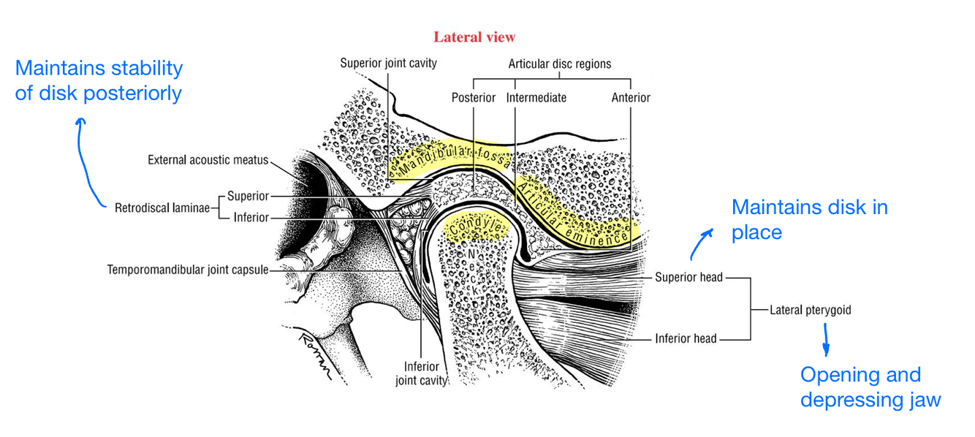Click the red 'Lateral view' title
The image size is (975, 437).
click(x=474, y=37)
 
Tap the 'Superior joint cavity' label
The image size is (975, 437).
click(x=388, y=63)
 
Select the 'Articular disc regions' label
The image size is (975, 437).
click(x=560, y=64)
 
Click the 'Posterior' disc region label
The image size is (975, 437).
click(x=473, y=97)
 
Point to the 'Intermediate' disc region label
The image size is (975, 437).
click(x=536, y=97)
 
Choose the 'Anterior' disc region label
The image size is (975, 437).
click(x=631, y=97)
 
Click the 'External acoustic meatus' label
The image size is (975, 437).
click(x=208, y=159)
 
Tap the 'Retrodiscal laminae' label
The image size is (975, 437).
click(x=162, y=208)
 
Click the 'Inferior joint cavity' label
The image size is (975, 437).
click(x=421, y=373)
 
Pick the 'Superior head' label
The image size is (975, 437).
click(x=688, y=277)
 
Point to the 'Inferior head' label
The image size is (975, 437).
click(x=686, y=338)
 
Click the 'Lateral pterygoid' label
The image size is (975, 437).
click(x=810, y=310)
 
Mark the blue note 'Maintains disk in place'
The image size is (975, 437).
click(x=808, y=219)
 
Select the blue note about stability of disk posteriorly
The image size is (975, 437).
click(x=99, y=80)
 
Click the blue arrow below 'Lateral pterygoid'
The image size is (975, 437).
click(x=827, y=340)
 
